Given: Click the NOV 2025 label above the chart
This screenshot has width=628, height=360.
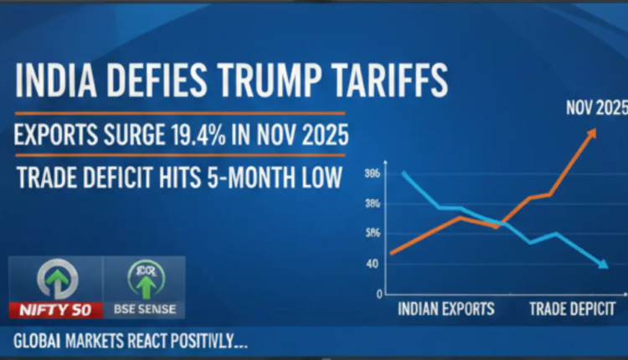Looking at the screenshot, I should (x=596, y=108).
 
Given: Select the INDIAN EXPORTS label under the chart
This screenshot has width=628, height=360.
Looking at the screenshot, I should (x=447, y=308).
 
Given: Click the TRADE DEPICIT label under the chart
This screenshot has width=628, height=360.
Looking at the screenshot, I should (x=573, y=308).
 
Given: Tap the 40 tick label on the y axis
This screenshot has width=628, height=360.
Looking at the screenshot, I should (x=372, y=264).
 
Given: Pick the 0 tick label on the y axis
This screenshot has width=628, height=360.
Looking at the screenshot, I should (x=378, y=294).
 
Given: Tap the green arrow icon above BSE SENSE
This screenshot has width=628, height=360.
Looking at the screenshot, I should (x=146, y=281).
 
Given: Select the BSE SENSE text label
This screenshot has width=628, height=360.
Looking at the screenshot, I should (x=145, y=310).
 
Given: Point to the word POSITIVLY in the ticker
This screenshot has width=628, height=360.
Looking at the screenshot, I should (x=203, y=342).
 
